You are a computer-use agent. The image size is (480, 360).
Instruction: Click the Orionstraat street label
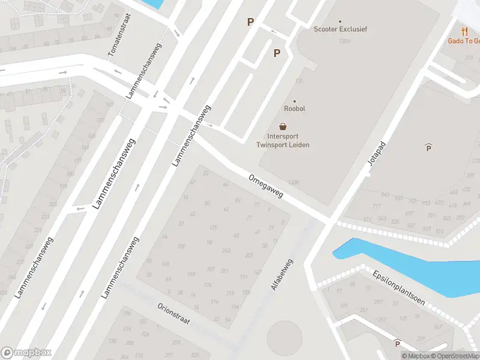click(173, 313)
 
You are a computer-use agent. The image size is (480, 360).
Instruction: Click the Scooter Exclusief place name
click(340, 29)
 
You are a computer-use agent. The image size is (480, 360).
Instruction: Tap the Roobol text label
click(294, 109)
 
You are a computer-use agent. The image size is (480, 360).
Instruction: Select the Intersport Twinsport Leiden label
click(283, 140)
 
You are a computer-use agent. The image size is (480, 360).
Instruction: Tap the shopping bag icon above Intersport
click(283, 127)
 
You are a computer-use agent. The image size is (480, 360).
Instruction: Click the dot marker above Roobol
click(294, 101)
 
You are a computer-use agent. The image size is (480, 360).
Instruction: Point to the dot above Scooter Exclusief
click(340, 21)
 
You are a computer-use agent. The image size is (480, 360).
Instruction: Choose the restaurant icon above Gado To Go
click(464, 31)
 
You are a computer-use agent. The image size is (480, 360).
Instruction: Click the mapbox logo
click(26, 353)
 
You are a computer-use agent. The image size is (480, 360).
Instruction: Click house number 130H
click(344, 41)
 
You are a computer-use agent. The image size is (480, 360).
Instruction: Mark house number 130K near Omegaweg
click(293, 181)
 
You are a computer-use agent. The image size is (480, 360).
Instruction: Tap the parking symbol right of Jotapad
click(428, 147)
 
